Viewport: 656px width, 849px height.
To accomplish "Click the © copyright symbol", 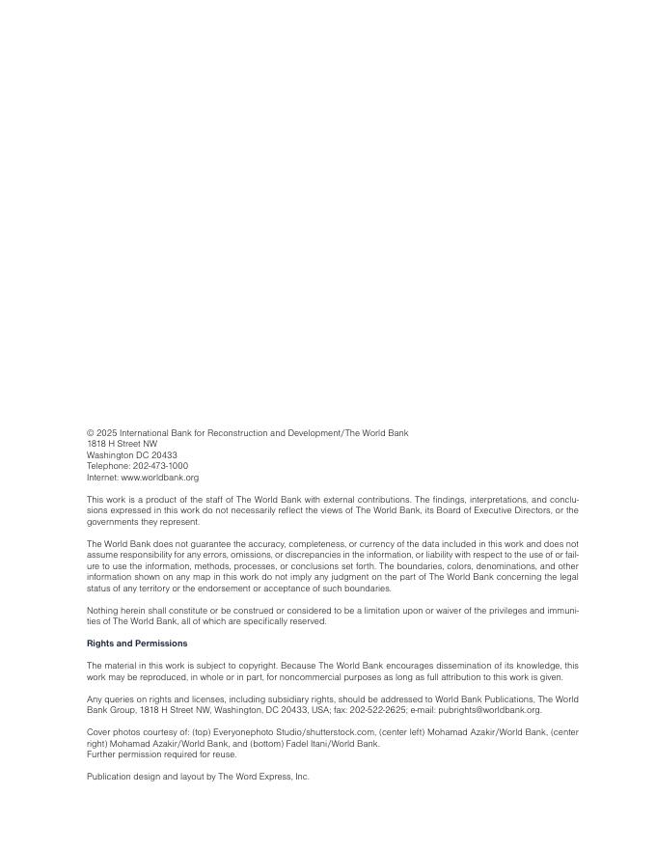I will pos(90,433).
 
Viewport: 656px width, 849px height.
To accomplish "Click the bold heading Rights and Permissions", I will pos(137,644).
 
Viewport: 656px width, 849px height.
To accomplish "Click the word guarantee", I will pos(203,544).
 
